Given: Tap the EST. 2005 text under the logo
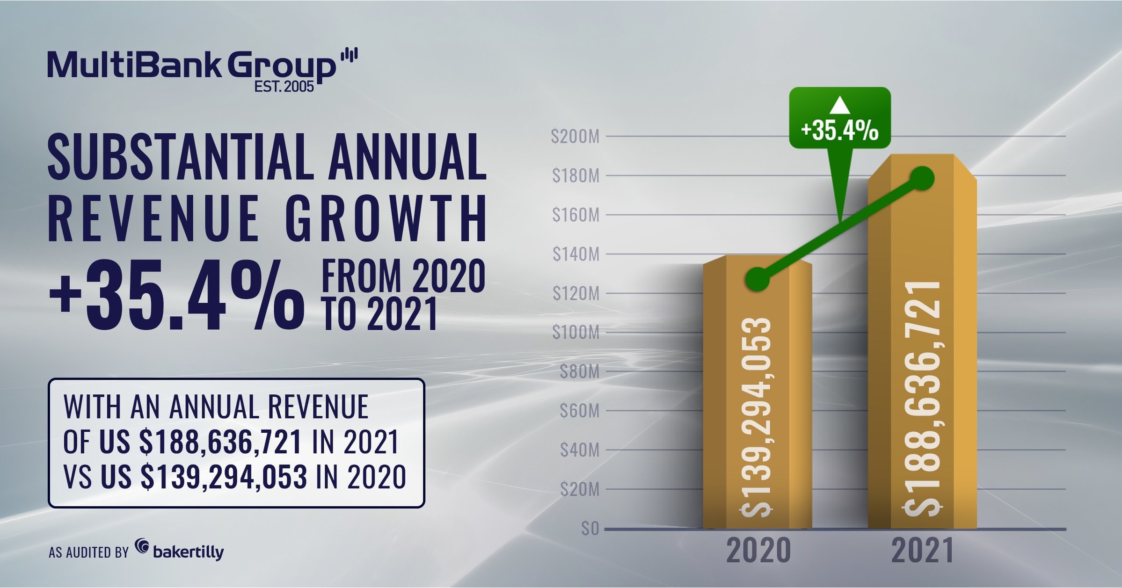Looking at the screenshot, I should pyautogui.click(x=284, y=87).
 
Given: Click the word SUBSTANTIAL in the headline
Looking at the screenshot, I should pyautogui.click(x=180, y=157).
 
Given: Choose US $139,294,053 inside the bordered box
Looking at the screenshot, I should pyautogui.click(x=204, y=477).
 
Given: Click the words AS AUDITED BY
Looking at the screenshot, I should pyautogui.click(x=88, y=552).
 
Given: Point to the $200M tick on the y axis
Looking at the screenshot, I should pyautogui.click(x=575, y=137).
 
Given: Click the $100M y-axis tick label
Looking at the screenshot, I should pyautogui.click(x=576, y=333).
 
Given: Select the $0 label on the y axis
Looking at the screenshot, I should pyautogui.click(x=590, y=529).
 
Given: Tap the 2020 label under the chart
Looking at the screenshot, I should pyautogui.click(x=758, y=551).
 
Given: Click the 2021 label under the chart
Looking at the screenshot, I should pyautogui.click(x=922, y=551).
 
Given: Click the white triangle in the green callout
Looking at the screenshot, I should pyautogui.click(x=839, y=106).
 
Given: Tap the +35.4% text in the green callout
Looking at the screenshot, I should pyautogui.click(x=839, y=131).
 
